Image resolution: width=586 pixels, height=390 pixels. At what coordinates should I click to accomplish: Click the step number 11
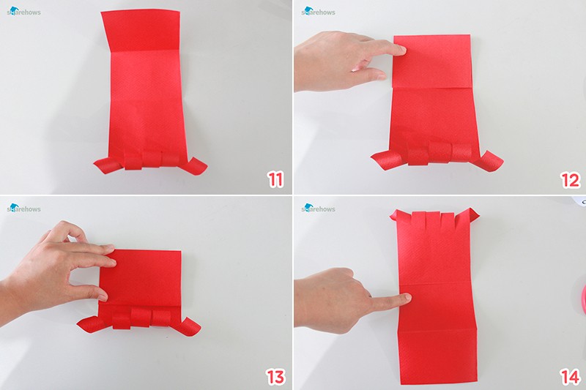(x=275, y=180)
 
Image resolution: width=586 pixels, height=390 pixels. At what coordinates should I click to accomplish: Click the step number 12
(x=571, y=180)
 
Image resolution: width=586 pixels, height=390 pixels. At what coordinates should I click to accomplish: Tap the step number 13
(x=275, y=377)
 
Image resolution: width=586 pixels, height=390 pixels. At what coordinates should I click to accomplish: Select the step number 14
(x=571, y=377)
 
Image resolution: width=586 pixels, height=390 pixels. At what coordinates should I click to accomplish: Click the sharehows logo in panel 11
(x=23, y=11)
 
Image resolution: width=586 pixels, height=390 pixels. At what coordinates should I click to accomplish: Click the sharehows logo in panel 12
(x=318, y=11)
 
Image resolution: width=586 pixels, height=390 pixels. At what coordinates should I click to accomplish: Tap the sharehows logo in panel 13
(x=23, y=208)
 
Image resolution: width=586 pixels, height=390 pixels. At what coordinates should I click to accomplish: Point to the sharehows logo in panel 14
(x=318, y=208)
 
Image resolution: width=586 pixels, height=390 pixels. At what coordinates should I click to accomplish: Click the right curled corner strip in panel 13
(x=188, y=326)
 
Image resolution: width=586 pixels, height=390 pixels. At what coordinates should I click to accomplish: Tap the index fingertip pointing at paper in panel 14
(x=407, y=298)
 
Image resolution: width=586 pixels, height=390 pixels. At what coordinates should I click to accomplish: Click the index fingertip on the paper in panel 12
(x=401, y=49)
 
